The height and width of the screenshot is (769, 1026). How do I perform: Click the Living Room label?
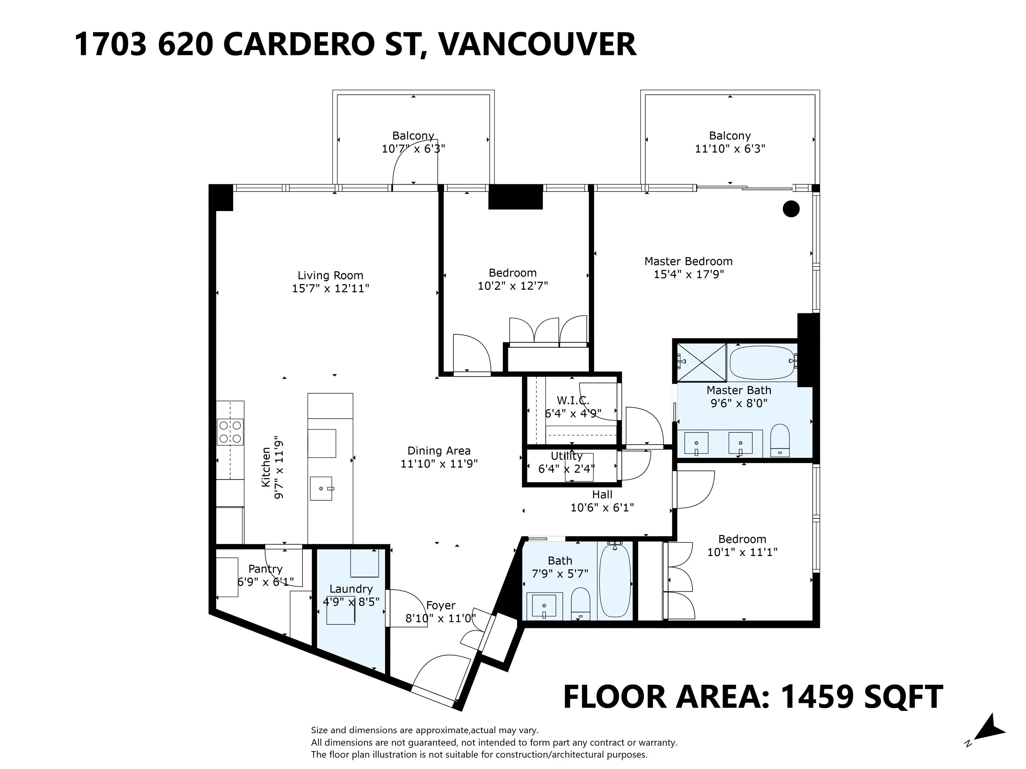click(x=330, y=275)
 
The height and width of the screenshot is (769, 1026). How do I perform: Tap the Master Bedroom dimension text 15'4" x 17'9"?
click(x=688, y=274)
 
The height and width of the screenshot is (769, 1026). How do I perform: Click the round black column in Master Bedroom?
click(x=791, y=209)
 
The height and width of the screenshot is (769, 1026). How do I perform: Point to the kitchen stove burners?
click(x=230, y=432)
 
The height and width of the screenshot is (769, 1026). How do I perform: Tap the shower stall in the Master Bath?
click(x=701, y=362)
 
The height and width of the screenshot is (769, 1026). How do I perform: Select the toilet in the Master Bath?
click(x=780, y=440)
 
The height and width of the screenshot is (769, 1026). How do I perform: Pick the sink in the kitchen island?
click(x=321, y=489)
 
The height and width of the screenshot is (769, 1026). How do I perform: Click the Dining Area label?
click(x=439, y=451)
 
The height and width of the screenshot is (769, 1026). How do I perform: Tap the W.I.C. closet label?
click(x=573, y=401)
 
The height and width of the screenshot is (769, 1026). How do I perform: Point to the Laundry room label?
click(x=351, y=589)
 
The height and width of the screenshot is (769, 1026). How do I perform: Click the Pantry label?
click(x=265, y=569)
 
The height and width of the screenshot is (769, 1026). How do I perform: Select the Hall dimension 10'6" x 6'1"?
click(x=602, y=508)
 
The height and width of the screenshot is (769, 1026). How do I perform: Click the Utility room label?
click(x=566, y=456)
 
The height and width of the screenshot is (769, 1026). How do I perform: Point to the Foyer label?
click(x=441, y=605)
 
